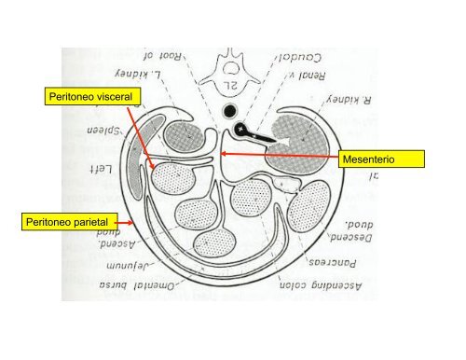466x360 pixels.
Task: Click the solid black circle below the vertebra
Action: (226, 115)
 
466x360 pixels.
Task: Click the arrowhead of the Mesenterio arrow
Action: (223, 148)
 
